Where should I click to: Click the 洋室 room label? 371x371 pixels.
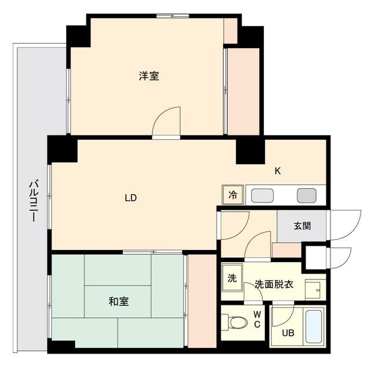(149, 76)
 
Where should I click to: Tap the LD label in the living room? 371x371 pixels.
(130, 198)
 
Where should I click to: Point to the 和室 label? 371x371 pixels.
(118, 301)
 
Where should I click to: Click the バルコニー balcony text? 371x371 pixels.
(34, 201)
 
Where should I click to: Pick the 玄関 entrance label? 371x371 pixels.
(301, 225)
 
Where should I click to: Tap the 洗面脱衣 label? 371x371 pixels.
(274, 285)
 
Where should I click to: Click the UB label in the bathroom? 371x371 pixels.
(288, 333)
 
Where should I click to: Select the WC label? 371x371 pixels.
(257, 320)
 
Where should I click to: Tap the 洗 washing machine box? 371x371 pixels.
(231, 278)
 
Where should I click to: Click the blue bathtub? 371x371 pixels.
(315, 328)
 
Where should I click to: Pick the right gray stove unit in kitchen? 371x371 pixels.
(305, 195)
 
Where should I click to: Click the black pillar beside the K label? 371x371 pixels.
(250, 151)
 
